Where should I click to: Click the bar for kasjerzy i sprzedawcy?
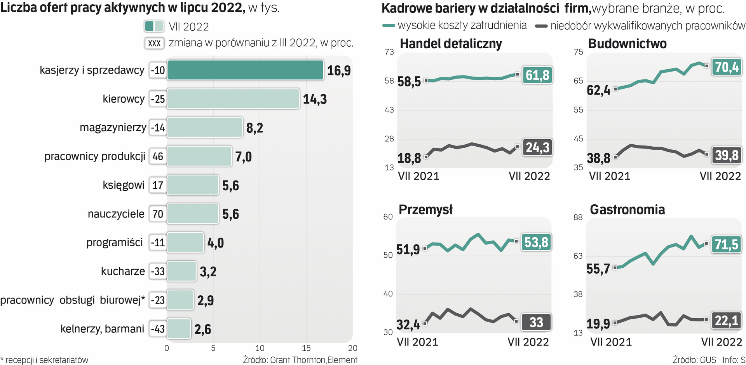245,70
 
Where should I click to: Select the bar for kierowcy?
233,99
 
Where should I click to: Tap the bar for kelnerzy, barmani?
179,329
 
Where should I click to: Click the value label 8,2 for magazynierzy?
254,128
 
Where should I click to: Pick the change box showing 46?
158,156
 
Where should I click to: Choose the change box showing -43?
158,329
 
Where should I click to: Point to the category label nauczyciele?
116,214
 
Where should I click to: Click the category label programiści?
115,242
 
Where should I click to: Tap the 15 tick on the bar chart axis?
306,348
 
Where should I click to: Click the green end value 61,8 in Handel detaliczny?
537,75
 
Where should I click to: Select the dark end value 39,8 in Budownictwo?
727,155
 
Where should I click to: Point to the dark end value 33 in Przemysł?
536,322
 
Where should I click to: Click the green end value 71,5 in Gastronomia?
727,244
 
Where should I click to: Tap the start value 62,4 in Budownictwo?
598,91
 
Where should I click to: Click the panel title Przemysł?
425,210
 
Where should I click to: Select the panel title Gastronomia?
627,210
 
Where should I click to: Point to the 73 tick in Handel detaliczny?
389,52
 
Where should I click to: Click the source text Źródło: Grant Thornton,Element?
300,360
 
